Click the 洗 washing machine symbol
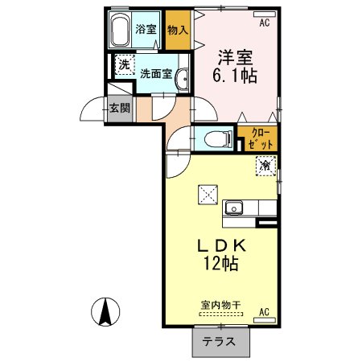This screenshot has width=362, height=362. point(125,64)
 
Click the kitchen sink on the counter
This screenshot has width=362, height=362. point(235,208)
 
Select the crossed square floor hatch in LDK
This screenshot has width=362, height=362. point(208,194)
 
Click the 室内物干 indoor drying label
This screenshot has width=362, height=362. point(222,307)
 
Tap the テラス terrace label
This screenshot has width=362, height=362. point(220,341)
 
